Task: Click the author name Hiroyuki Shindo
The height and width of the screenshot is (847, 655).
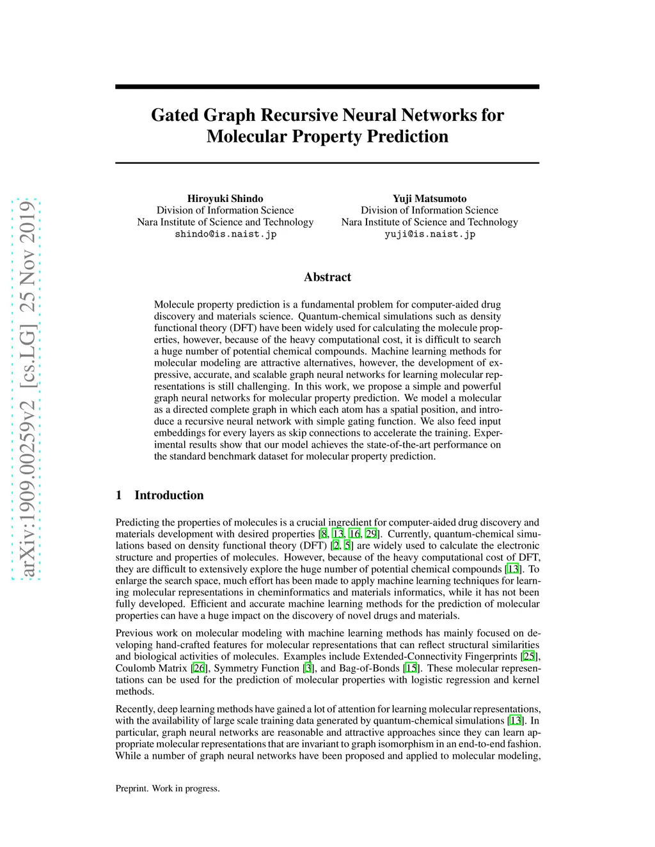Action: point(225,199)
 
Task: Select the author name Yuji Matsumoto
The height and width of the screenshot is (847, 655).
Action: point(429,199)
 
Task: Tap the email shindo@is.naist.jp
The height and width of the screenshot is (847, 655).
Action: point(225,234)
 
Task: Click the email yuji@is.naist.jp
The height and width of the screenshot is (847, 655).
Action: point(429,234)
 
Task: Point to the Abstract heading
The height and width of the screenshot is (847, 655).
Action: point(327,277)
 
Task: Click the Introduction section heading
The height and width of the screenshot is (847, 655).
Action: point(169,495)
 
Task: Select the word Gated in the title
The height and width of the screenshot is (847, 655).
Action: point(175,115)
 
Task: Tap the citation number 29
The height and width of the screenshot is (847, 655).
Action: point(371,534)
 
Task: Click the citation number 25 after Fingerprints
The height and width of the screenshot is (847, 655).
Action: point(529,657)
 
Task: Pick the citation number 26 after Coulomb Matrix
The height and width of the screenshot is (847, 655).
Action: point(199,668)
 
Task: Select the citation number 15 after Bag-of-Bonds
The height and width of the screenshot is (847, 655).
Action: point(411,668)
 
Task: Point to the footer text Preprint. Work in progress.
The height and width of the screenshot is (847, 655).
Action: point(168,788)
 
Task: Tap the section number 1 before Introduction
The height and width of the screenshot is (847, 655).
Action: point(119,495)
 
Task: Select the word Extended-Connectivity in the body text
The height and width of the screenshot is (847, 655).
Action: point(409,657)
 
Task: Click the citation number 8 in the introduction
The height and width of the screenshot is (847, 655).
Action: point(324,534)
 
